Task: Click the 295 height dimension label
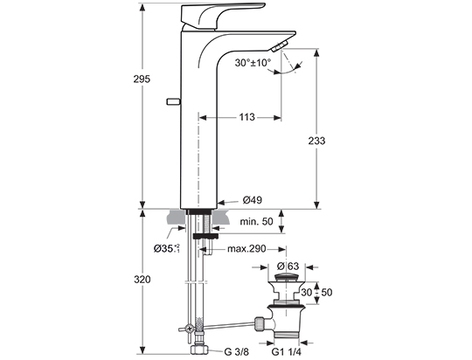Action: tap(142, 80)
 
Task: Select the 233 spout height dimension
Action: tap(316, 141)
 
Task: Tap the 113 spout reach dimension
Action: tap(246, 117)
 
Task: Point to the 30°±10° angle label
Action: tap(253, 63)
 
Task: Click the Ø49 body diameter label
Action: tap(253, 199)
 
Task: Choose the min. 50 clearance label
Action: tap(256, 222)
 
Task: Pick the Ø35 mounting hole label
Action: tap(166, 248)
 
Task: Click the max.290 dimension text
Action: tap(246, 249)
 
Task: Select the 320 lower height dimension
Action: tap(142, 280)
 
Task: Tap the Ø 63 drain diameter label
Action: tap(288, 267)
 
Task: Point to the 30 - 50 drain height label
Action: tap(316, 292)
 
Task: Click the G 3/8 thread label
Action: tap(237, 351)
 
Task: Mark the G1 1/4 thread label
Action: tap(287, 351)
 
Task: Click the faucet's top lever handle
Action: tap(223, 17)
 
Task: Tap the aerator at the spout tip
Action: tap(280, 47)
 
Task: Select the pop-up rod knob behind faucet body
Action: tap(173, 101)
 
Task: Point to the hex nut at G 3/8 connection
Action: tap(199, 350)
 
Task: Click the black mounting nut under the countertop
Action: tap(205, 236)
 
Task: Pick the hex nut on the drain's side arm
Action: tap(260, 323)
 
